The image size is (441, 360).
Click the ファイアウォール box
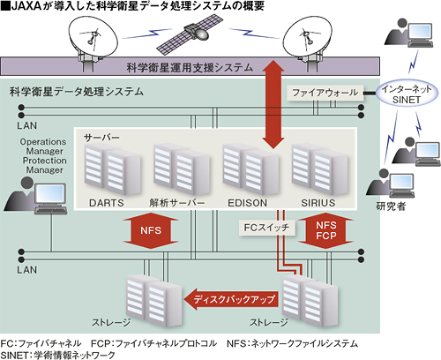coord(325,93)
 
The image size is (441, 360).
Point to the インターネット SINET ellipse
coord(407,94)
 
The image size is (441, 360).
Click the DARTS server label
coord(107,203)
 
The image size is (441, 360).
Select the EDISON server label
coord(247,203)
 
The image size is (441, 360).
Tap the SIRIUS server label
coord(318,203)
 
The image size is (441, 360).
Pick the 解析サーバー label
coord(177,203)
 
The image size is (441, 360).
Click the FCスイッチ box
coord(266,228)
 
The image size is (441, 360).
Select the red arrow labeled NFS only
coord(151,230)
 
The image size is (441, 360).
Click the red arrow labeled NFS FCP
coord(325,230)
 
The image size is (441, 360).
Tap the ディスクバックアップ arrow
coord(231,299)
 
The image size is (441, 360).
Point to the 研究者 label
coord(391,206)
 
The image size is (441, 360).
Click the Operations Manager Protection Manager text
coord(43,156)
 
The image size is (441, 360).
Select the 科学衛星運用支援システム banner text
coord(190,68)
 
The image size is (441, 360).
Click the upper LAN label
coord(26,125)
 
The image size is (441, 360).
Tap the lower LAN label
coord(26,270)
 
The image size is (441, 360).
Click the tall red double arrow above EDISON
coord(273,104)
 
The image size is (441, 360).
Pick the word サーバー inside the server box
coord(101,138)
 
